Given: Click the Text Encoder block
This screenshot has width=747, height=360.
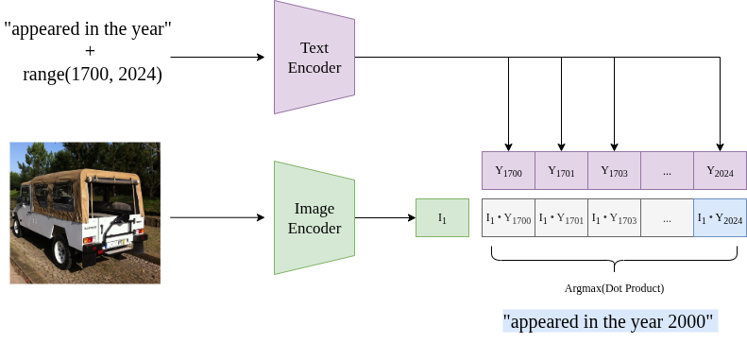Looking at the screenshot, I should click(314, 58).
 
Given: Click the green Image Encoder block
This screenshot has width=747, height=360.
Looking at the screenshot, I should click(314, 218).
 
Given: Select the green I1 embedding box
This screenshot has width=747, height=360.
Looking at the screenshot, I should click(442, 218).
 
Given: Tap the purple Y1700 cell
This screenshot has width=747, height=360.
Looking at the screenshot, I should click(508, 171).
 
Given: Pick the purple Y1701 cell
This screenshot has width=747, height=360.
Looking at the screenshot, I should click(561, 171).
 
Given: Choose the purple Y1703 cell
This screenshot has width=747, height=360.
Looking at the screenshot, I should click(614, 171).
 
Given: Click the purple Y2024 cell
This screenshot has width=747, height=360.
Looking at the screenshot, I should click(720, 171).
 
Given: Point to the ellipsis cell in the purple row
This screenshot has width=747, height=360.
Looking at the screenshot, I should click(667, 171).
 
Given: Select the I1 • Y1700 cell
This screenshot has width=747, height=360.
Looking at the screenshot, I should click(508, 218).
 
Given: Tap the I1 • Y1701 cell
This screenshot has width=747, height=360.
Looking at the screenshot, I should click(561, 218).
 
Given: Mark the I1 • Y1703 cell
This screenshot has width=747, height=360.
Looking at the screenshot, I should click(614, 218).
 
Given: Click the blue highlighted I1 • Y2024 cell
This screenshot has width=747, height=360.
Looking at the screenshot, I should click(720, 218).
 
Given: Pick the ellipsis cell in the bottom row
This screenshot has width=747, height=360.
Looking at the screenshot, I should click(667, 218).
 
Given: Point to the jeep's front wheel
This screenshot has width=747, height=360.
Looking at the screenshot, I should click(17, 228).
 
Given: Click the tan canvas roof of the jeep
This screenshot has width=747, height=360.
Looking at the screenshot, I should click(85, 177).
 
